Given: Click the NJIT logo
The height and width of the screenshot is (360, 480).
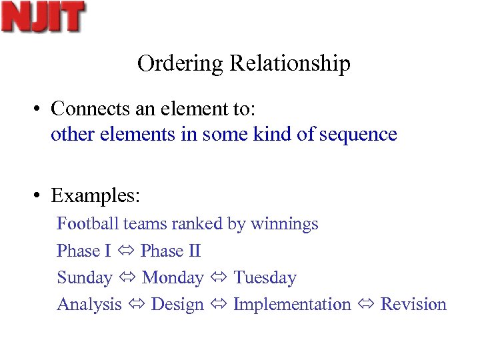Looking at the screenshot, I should (x=43, y=17).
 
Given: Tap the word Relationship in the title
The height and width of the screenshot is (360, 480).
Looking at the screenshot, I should (x=290, y=63).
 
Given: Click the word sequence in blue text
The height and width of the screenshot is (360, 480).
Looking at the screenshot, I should (x=358, y=135).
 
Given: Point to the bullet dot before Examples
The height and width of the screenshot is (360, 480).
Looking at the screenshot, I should (x=41, y=197).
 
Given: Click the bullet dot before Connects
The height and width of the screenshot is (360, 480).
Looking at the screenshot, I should (x=41, y=108).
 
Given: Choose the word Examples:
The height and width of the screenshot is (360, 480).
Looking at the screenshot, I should (x=95, y=197).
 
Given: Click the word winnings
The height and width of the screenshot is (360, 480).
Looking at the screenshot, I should (x=285, y=224).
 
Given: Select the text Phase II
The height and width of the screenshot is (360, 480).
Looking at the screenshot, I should (x=171, y=251).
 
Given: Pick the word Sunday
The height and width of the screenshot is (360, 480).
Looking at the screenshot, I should (x=85, y=277).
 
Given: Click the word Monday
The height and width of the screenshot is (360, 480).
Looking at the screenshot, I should (x=173, y=277).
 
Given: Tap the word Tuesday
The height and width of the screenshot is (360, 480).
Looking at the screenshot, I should (x=265, y=277).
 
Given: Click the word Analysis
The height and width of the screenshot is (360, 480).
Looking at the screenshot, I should (x=89, y=305).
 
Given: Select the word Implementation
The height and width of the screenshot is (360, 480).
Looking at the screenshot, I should (x=292, y=305).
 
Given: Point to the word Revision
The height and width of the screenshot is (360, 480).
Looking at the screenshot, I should (x=413, y=305).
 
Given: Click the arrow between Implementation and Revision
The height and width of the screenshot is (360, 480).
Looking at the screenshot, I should (x=365, y=305).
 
